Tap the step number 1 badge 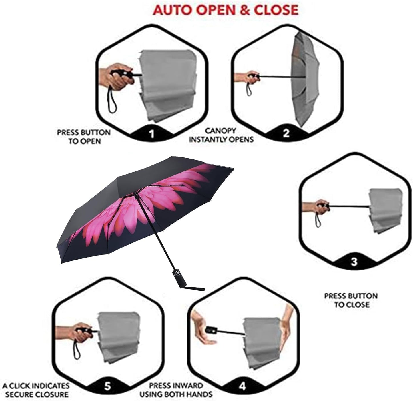pos(152,133)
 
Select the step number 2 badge pos(286,133)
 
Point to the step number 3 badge pos(354,262)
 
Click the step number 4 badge pos(242,386)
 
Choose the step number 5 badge pos(107,386)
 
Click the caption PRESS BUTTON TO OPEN pos(84,137)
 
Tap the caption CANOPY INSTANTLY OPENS pos(221,135)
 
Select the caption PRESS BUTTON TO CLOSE pos(351,300)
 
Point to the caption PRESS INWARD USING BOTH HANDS pos(176,390)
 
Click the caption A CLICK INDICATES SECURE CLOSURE pos(36,390)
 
